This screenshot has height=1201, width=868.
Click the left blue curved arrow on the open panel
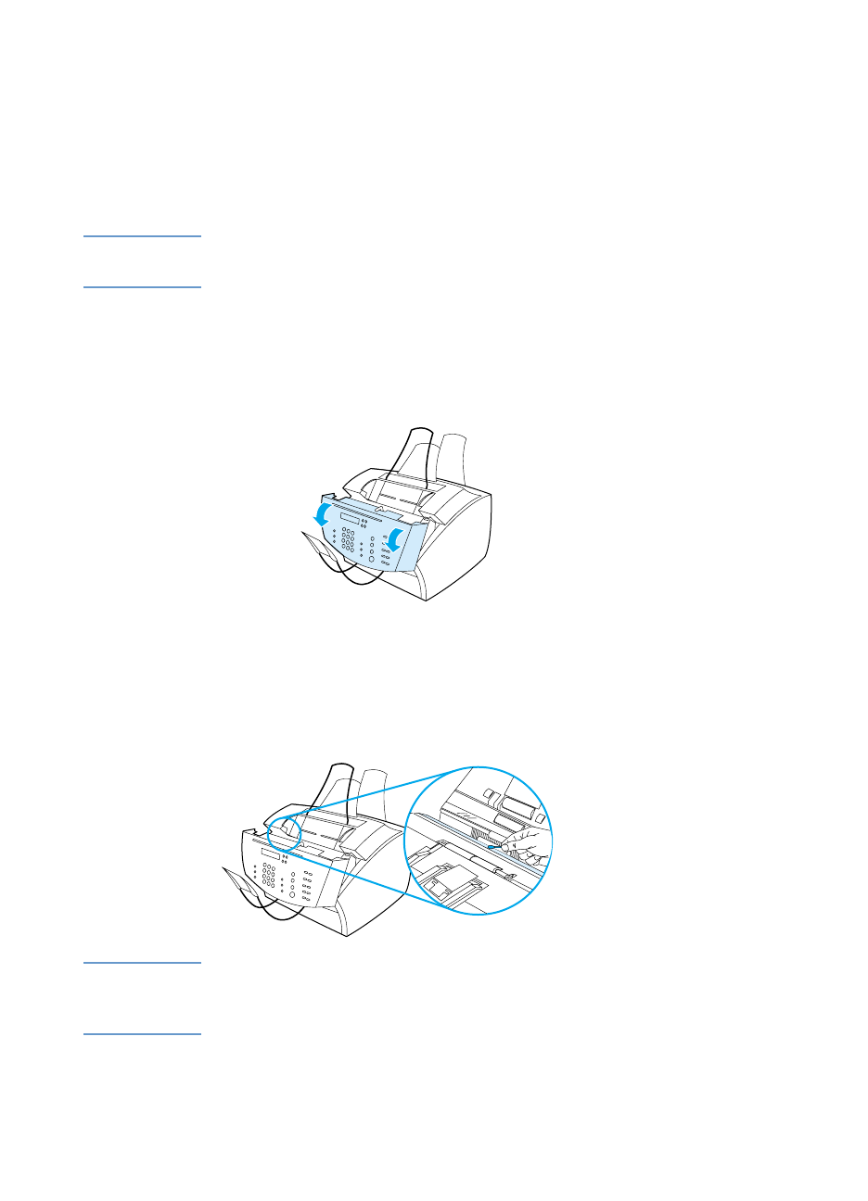(x=322, y=512)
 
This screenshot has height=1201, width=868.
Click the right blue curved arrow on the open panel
(x=396, y=538)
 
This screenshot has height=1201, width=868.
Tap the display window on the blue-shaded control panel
(x=350, y=518)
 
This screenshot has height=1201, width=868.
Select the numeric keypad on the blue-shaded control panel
(x=347, y=539)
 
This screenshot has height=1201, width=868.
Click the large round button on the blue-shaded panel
(x=372, y=559)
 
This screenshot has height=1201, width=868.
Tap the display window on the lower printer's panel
(x=271, y=853)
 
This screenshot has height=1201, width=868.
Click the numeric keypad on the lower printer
(x=268, y=876)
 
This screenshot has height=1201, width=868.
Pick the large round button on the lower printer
(x=293, y=896)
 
